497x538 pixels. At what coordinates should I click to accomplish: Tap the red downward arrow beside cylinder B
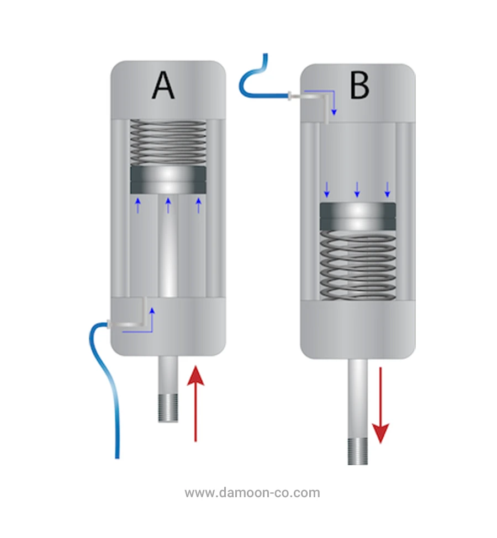coord(380,406)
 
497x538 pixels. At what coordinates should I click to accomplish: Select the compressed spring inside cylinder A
coord(168,142)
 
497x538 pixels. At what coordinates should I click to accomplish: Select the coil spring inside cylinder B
coord(358,264)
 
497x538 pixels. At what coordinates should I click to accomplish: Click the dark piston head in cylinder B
coord(358,216)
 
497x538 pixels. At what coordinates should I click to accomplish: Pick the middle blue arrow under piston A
coord(168,205)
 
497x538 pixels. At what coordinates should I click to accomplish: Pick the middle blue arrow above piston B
coord(357,189)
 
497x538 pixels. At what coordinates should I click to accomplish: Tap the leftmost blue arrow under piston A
coord(138,205)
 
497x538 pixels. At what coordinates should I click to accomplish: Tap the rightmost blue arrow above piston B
coord(387,189)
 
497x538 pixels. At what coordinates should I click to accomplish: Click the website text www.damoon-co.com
coord(252,493)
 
